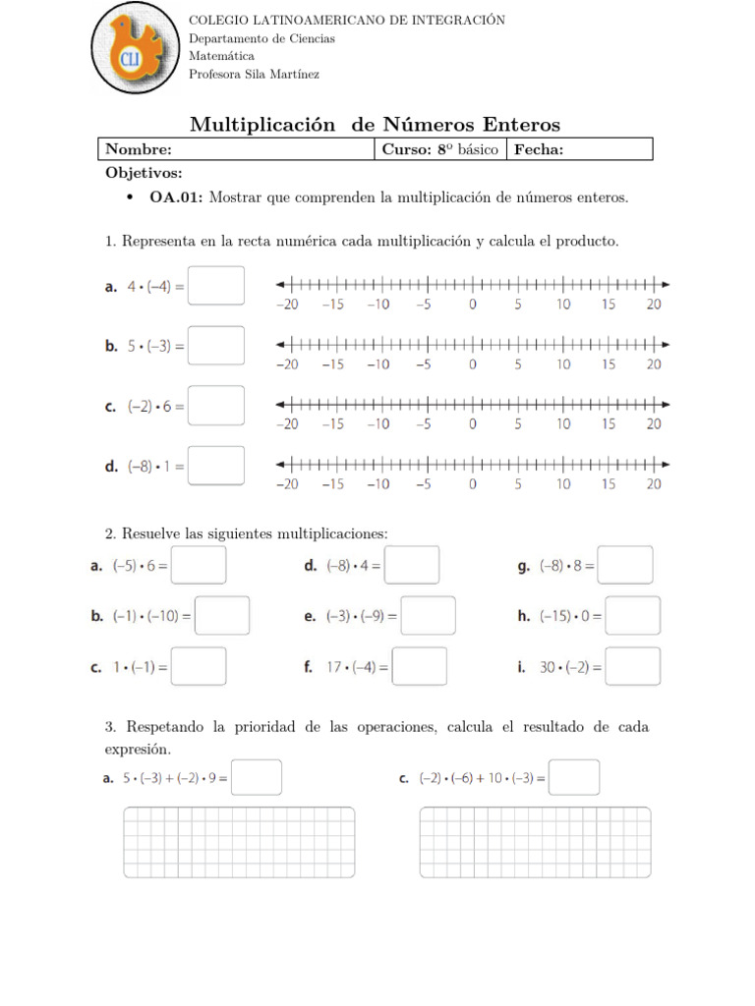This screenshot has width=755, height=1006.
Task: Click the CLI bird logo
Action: coord(135,49)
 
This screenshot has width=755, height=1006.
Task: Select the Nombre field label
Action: coord(139,149)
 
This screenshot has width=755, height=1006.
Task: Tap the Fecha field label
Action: coord(539,149)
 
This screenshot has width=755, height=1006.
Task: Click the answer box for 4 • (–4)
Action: coord(216,286)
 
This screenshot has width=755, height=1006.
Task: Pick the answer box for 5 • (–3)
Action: coord(216,346)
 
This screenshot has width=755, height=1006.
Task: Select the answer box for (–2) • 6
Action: coord(216,406)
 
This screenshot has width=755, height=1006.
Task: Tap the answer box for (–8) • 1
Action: coord(216,466)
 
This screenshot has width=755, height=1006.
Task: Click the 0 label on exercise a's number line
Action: coord(473,305)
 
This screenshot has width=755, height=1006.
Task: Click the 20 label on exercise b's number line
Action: coord(654,364)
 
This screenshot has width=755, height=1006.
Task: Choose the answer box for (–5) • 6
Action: coord(199,565)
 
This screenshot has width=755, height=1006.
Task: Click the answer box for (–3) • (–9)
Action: coord(428,616)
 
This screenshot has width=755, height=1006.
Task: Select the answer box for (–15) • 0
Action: coord(633,616)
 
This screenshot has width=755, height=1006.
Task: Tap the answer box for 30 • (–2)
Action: coord(633,666)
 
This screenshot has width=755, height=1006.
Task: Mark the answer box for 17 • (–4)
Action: coord(420,666)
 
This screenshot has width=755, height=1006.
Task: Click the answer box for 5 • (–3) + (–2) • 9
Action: coord(257,777)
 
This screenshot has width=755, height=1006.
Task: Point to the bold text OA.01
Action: coord(176,197)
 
